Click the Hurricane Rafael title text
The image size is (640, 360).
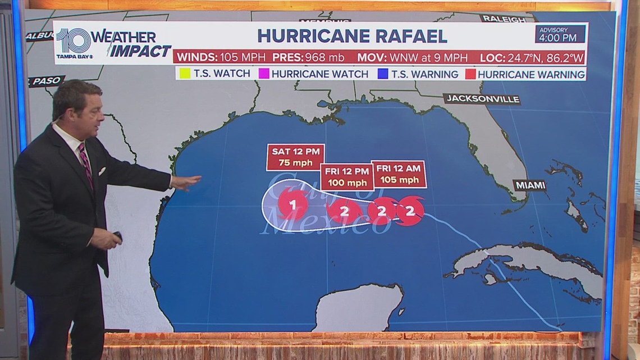pyautogui.click(x=352, y=35)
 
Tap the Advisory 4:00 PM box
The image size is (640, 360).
pyautogui.click(x=552, y=34)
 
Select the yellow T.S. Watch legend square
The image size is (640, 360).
pyautogui.click(x=182, y=74)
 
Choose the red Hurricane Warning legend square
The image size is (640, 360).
pyautogui.click(x=468, y=74)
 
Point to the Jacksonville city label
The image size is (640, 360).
pyautogui.click(x=482, y=99)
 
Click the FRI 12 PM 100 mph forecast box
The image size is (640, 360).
pyautogui.click(x=347, y=177)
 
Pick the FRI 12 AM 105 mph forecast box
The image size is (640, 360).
pyautogui.click(x=399, y=175)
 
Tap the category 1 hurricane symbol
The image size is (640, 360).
pyautogui.click(x=292, y=205)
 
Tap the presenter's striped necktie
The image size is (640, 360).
pyautogui.click(x=85, y=163)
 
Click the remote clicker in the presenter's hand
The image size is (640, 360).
pyautogui.click(x=118, y=236)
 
